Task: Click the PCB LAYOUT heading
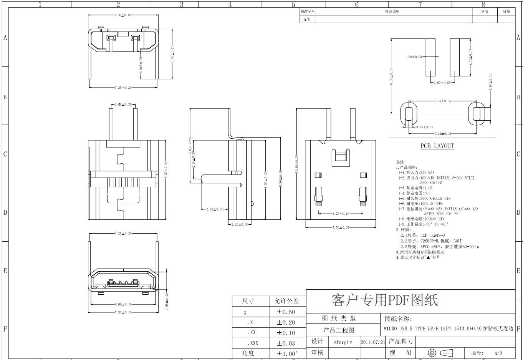coord(437,146)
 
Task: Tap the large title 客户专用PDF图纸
coord(384,300)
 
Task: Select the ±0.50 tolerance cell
coord(286,312)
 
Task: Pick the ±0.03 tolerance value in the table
coord(286,343)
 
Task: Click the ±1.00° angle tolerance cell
coord(287,353)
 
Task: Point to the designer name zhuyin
coord(343,342)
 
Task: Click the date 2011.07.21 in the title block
coord(372,342)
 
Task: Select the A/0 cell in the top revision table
coord(307,19)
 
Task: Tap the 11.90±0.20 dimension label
coord(296,164)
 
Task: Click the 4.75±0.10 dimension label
coord(341,214)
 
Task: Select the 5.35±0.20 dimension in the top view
coord(172,54)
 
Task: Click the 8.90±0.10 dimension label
coord(123,304)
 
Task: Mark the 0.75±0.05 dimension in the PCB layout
coord(425,127)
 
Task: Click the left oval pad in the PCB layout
coord(408,114)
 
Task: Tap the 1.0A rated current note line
coord(415,188)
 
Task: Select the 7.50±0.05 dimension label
coord(341,227)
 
